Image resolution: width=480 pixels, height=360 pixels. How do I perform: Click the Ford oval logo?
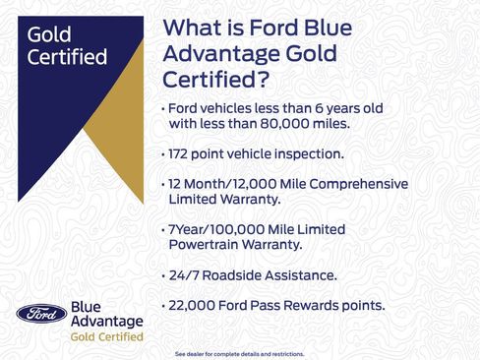pos(41,314)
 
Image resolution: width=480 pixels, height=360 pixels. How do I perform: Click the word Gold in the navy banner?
pos(49,35)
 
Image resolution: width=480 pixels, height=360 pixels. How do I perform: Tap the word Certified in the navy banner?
pos(68,57)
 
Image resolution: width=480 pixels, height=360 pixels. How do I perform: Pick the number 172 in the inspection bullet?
pos(183,154)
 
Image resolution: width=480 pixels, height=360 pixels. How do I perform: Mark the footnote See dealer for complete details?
pos(239,353)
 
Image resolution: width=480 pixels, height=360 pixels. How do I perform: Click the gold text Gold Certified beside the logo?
pos(104,336)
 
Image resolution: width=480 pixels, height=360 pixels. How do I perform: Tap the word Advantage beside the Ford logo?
pos(107,322)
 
